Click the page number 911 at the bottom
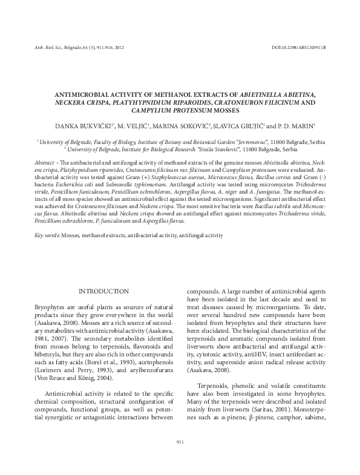[180, 443]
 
